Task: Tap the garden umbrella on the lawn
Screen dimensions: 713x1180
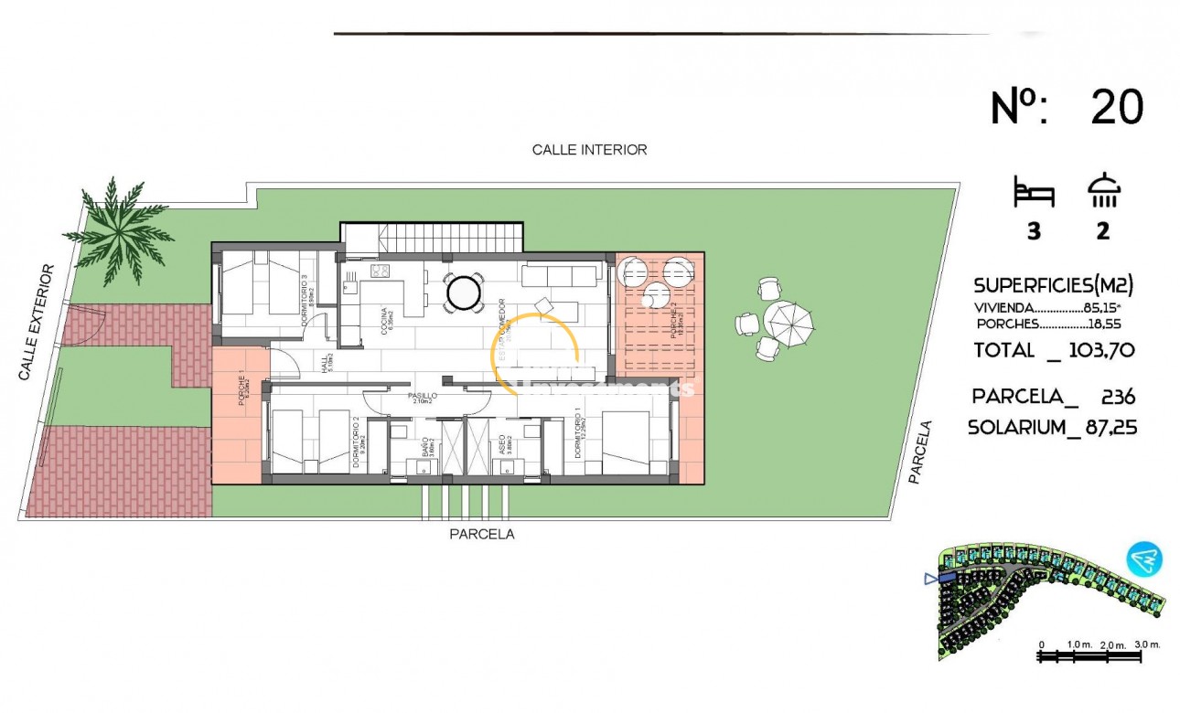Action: click(788, 321)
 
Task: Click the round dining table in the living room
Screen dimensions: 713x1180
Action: click(464, 293)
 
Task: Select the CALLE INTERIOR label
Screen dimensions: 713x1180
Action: click(589, 150)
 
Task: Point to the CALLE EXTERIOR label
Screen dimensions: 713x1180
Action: click(37, 323)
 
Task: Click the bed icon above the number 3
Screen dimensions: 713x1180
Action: click(1034, 194)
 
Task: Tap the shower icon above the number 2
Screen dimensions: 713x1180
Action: click(1104, 191)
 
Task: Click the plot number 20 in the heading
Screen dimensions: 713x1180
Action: click(1117, 108)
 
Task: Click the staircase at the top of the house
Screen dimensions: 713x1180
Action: click(433, 239)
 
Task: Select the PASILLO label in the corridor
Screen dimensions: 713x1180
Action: click(423, 397)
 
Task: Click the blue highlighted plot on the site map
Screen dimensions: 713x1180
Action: click(947, 578)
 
